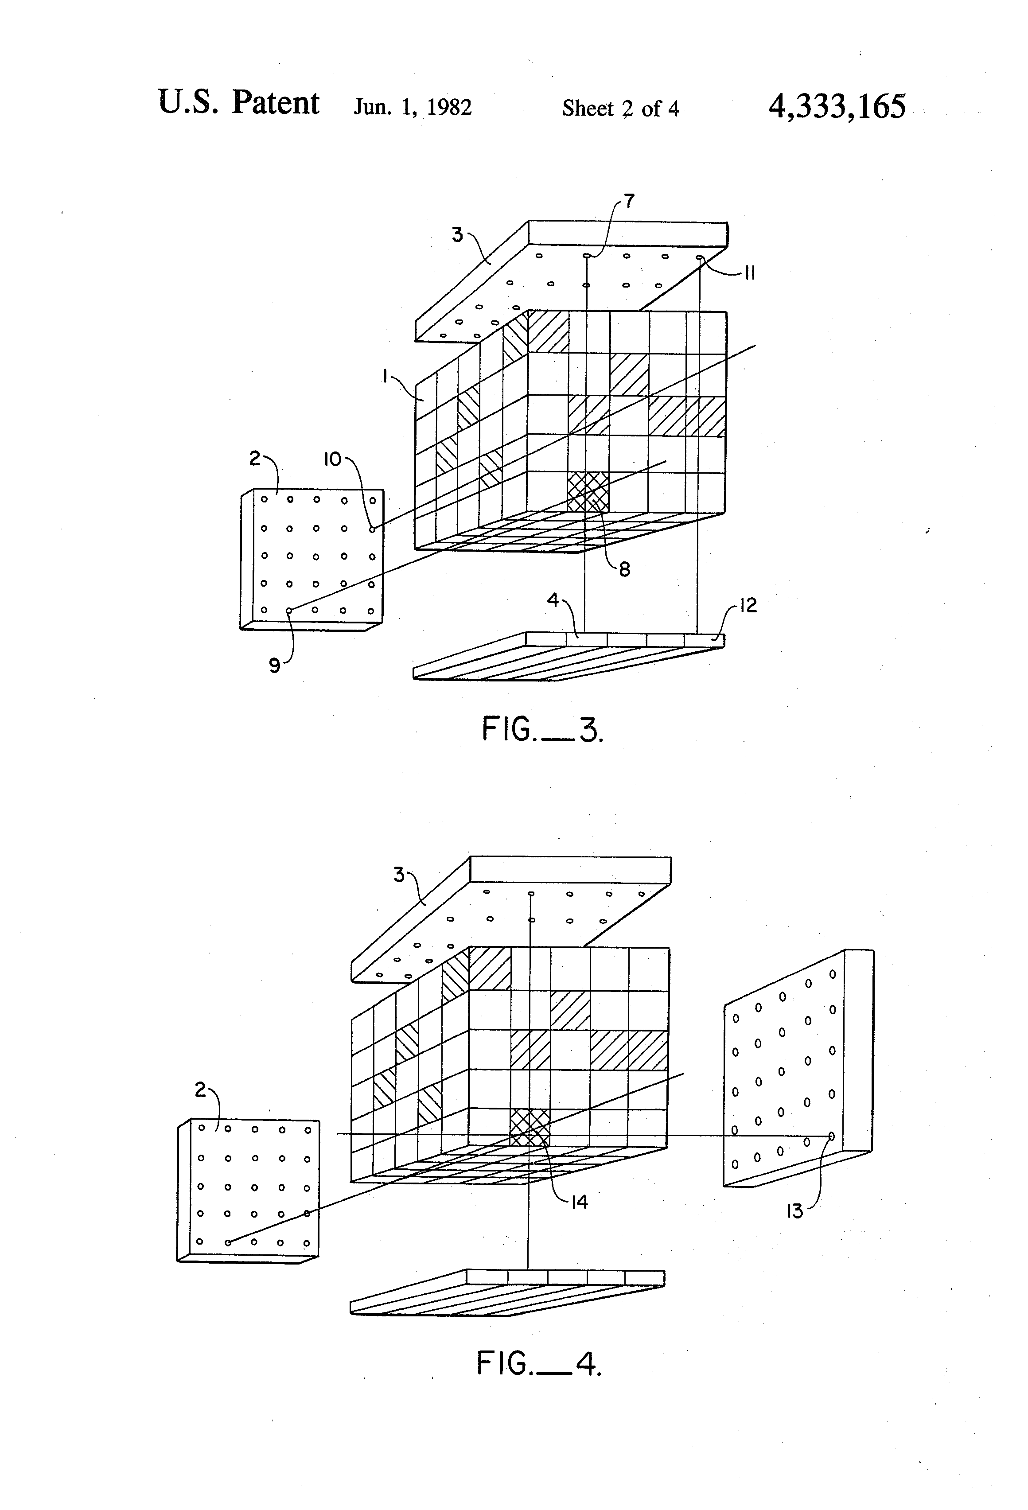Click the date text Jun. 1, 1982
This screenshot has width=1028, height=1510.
pos(412,107)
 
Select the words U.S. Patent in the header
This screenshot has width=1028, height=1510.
pos(238,103)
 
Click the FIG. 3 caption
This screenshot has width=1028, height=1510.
pos(542,729)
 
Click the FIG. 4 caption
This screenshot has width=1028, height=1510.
pos(539,1362)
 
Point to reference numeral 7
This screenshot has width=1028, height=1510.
pos(629,201)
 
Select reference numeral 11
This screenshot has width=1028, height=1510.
pos(749,273)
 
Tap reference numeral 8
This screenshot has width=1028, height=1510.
pos(624,570)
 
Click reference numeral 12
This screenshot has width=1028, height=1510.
pos(748,606)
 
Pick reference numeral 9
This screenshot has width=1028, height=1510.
pos(275,665)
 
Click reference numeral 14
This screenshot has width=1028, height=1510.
pos(579,1202)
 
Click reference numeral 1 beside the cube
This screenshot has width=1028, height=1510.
pos(385,376)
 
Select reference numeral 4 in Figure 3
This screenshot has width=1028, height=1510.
pos(553,600)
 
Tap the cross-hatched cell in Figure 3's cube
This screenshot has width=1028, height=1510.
pos(588,492)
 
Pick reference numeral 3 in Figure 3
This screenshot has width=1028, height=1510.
pos(457,234)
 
